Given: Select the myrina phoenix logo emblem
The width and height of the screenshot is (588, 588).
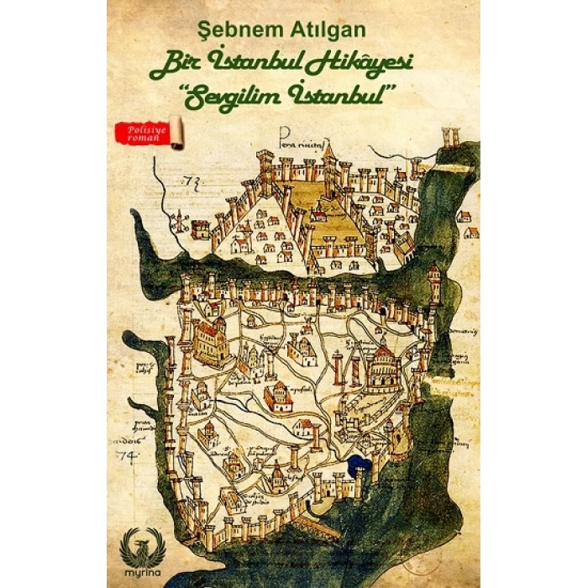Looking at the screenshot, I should [x=140, y=544].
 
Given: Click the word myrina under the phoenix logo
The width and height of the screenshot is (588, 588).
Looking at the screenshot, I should [x=140, y=572].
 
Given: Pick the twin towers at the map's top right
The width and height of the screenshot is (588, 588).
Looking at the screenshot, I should [x=451, y=136].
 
